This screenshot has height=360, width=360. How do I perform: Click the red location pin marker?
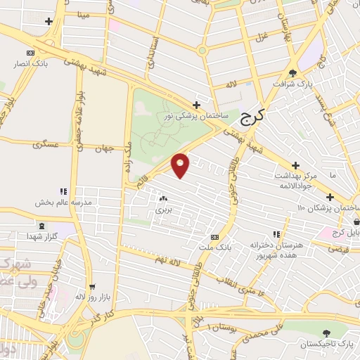[181, 165]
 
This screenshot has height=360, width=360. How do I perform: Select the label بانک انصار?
[29, 63]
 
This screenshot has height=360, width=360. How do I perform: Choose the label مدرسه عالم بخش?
[63, 202]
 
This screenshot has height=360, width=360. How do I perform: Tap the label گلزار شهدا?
[41, 236]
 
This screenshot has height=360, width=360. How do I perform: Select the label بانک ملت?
[214, 247]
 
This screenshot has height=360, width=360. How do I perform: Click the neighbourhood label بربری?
[162, 210]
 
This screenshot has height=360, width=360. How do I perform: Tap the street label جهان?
[106, 149]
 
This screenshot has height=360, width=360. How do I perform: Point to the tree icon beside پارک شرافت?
[292, 72]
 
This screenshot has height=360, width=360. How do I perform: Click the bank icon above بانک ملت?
[214, 237]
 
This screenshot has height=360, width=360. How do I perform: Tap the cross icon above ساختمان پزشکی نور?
[196, 105]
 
